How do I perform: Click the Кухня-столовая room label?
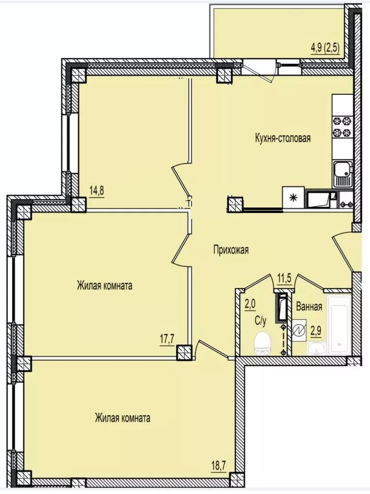click(283, 138)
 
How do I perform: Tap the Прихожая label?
click(231, 250)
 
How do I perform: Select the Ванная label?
click(309, 306)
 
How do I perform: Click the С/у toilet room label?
click(261, 321)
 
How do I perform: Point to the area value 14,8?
click(96, 191)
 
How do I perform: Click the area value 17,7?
click(167, 342)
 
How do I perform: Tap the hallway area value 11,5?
click(284, 279)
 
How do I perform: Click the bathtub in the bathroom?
click(339, 325)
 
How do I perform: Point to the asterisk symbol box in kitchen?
click(293, 198)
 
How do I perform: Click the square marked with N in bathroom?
click(299, 331)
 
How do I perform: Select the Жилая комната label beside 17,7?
click(104, 286)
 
